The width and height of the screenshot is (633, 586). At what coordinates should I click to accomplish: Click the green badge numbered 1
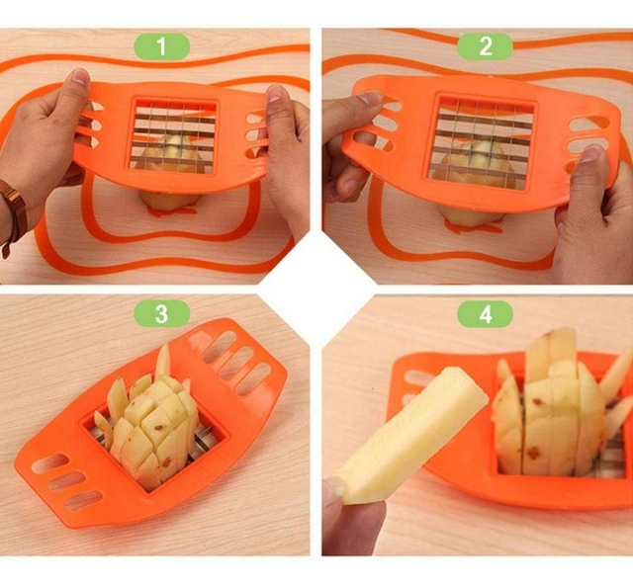coord(162,46)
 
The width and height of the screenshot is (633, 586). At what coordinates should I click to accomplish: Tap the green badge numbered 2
coord(485,46)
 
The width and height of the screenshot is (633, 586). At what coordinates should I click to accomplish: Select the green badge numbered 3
coord(162,314)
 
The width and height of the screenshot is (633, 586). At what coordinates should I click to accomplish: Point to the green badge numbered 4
coord(485,314)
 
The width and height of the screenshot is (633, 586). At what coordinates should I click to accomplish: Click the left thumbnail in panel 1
coord(81,76)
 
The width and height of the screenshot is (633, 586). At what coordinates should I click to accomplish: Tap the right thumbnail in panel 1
coord(275,94)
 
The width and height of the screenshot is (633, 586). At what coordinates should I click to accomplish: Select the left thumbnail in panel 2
coord(371,97)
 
